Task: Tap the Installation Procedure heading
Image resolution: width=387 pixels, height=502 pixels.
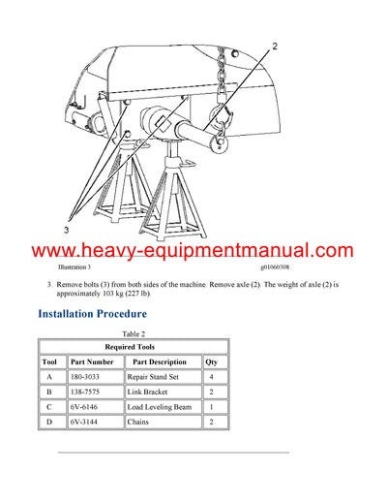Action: pos(92,314)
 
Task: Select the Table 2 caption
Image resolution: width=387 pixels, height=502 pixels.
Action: pos(133,333)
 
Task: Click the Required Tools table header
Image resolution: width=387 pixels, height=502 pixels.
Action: pos(133,346)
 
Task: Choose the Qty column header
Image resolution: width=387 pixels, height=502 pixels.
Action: pos(211,361)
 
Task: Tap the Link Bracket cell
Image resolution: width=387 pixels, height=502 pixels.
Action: pos(147,392)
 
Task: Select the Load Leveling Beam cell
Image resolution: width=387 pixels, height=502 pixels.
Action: pos(161,407)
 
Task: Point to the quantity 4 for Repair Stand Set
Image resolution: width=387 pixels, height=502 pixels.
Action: pos(211,376)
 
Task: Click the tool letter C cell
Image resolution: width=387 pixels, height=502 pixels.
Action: pos(49,407)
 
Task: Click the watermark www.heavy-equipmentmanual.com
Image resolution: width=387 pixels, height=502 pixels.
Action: pos(193,251)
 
